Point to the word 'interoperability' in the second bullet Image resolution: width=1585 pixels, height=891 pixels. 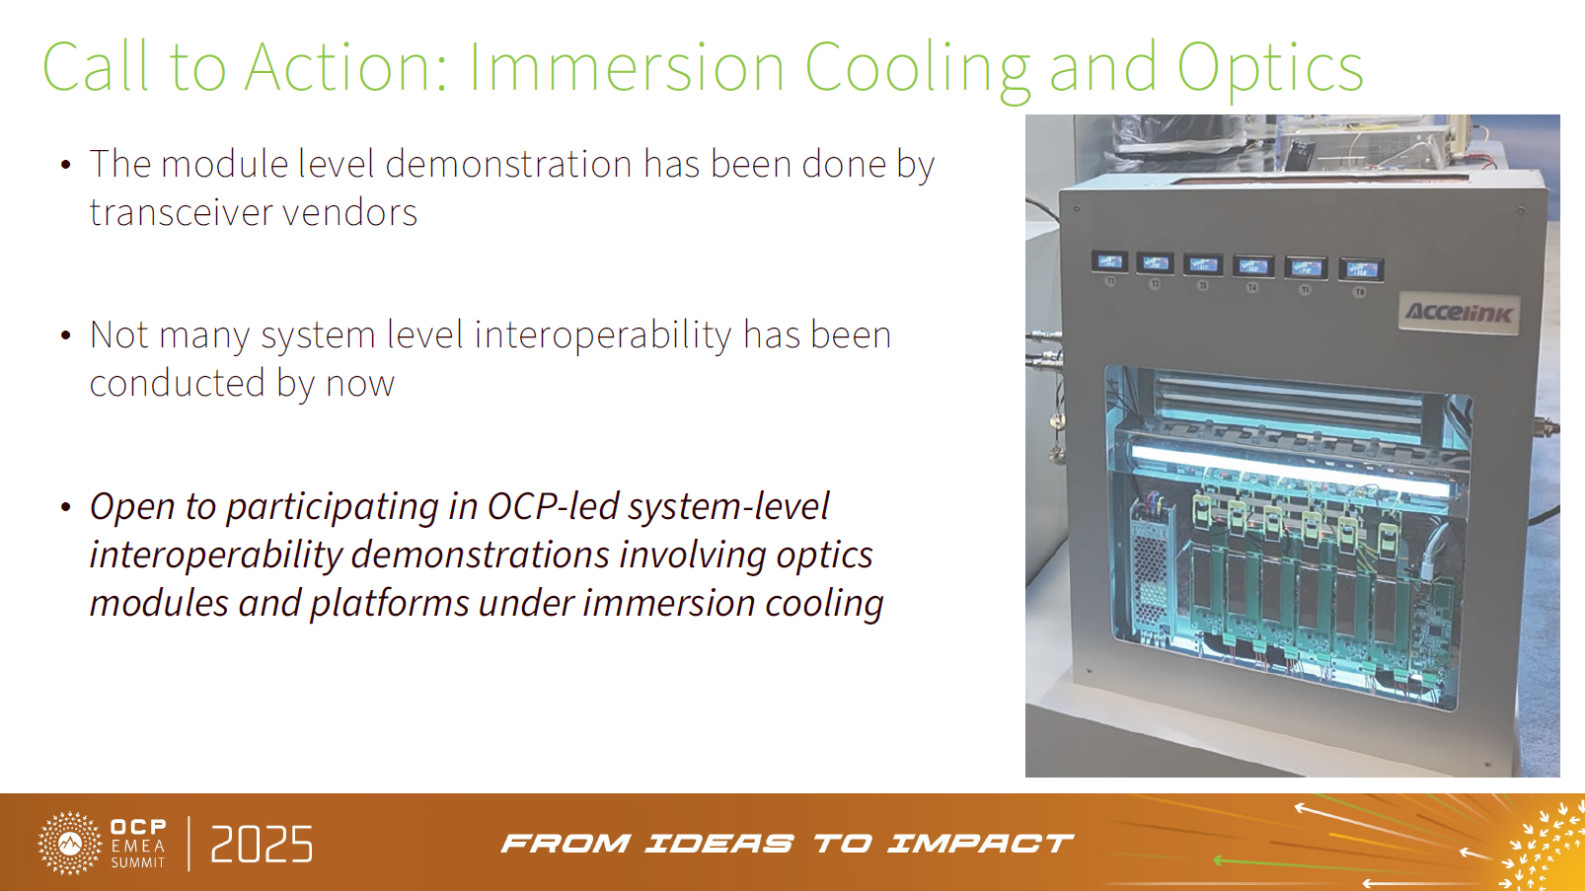pyautogui.click(x=603, y=335)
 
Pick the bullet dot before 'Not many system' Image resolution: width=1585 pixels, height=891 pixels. pyautogui.click(x=65, y=335)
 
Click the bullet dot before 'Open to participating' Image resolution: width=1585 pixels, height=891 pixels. pyautogui.click(x=65, y=507)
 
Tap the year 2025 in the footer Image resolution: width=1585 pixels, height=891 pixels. pyautogui.click(x=262, y=845)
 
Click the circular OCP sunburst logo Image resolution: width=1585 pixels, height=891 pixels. pyautogui.click(x=69, y=844)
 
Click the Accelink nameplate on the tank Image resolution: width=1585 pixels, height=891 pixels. pyautogui.click(x=1459, y=313)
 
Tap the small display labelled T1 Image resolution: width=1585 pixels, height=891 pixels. pyautogui.click(x=1109, y=261)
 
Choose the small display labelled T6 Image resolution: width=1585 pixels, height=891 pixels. pyautogui.click(x=1361, y=269)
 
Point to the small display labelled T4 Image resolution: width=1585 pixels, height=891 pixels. pyautogui.click(x=1252, y=266)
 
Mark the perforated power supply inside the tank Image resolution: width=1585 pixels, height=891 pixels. pyautogui.click(x=1151, y=573)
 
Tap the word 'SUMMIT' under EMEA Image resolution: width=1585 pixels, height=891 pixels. pyautogui.click(x=137, y=862)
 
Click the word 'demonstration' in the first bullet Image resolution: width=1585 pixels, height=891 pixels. pyautogui.click(x=508, y=164)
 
